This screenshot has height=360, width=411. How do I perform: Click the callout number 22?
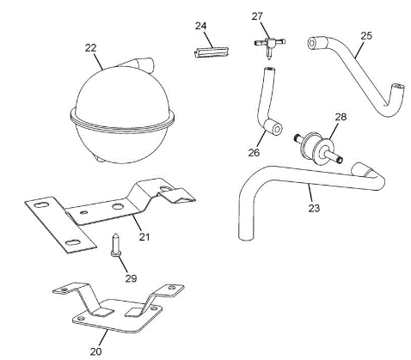[x=90, y=48]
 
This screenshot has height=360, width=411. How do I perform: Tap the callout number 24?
[x=200, y=26]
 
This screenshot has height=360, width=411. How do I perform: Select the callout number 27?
[x=257, y=16]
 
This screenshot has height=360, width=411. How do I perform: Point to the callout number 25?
[x=366, y=36]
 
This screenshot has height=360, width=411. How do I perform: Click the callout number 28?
[x=340, y=117]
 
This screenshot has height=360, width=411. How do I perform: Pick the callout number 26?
[x=254, y=152]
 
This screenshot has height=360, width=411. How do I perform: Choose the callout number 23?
[x=314, y=208]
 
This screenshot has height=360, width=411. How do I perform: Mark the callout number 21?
[x=144, y=237]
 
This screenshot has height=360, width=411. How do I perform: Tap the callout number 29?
[x=131, y=278]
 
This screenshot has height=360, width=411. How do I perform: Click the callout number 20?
[x=96, y=351]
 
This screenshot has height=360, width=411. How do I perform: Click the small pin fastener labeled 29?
[x=115, y=245]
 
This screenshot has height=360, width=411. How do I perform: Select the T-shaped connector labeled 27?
[x=269, y=45]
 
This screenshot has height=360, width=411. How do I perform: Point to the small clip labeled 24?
[x=212, y=52]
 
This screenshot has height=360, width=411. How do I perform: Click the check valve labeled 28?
[x=318, y=149]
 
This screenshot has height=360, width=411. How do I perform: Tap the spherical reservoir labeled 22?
[x=122, y=114]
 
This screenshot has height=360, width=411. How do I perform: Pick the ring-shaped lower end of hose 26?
[x=274, y=127]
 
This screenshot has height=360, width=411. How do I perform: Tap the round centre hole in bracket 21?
[x=118, y=206]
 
